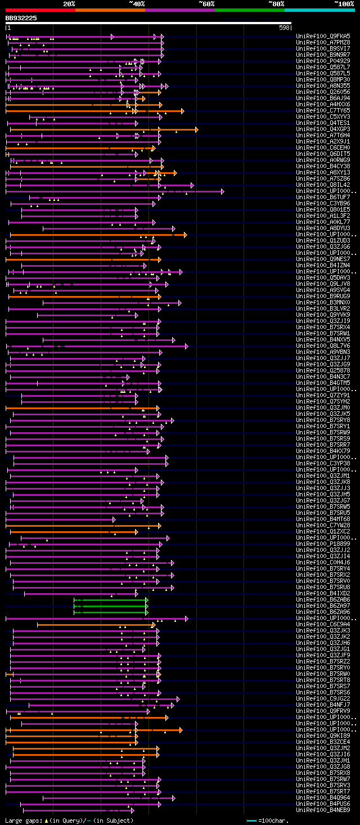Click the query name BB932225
(x=21, y=18)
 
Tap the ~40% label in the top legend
(x=137, y=4)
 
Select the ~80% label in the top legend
(x=276, y=4)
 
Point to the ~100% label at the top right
(x=344, y=4)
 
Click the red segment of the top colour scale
(x=40, y=10)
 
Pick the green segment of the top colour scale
(x=249, y=10)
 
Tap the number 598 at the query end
(x=284, y=28)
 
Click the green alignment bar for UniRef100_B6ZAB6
(x=110, y=600)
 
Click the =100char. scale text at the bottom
(x=276, y=820)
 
